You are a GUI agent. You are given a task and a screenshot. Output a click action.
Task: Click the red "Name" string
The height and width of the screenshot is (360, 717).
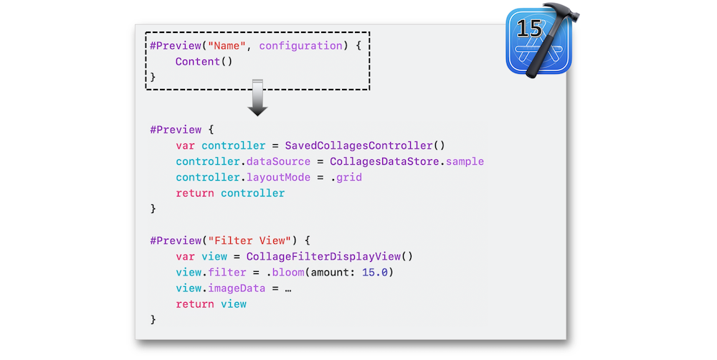227,46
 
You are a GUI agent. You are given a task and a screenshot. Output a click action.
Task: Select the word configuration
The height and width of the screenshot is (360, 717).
300,46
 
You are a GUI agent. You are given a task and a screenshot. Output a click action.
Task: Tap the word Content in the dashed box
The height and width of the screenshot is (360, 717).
198,61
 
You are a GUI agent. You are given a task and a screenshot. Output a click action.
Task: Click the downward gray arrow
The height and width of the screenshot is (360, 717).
257,98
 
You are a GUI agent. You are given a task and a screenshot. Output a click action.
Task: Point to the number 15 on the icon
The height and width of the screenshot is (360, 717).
529,29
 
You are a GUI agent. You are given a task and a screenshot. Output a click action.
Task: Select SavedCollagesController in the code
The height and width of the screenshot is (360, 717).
359,146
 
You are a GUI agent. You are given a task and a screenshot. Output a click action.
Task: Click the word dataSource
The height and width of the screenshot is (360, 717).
278,161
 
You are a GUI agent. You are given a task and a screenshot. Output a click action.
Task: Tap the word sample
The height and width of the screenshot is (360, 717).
465,162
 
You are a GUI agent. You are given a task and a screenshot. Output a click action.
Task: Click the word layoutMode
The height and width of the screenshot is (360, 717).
278,177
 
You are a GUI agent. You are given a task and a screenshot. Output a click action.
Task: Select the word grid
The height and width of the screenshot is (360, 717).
349,177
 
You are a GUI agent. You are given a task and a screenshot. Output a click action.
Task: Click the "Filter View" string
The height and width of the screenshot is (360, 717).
250,241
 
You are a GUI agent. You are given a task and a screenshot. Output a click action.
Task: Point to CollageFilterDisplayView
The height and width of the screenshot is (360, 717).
323,257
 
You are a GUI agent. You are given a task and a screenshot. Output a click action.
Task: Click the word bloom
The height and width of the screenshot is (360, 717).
288,273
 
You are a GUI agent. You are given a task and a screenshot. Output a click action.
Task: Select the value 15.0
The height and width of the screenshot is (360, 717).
374,273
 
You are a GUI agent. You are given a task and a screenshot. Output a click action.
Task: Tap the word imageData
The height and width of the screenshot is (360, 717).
237,288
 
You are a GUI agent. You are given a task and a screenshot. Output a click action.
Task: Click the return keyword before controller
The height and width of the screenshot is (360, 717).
195,193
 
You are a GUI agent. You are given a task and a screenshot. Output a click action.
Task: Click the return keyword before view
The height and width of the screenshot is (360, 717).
195,304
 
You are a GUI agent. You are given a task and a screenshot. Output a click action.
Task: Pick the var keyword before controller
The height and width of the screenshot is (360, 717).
185,146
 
